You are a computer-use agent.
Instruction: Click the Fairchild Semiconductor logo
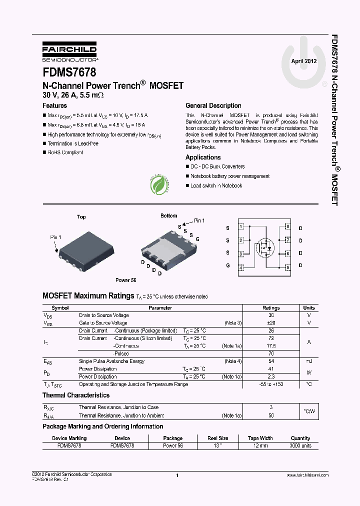pos(69,52)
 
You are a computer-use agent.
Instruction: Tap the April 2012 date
pos(304,61)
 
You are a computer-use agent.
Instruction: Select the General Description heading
pos(213,106)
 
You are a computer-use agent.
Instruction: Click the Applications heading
pos(203,157)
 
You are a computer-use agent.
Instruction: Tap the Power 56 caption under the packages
pos(126,280)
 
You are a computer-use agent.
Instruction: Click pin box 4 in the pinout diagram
pos(241,267)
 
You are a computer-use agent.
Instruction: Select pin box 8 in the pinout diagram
pos(287,227)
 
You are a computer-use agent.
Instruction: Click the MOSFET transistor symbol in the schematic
pos(264,247)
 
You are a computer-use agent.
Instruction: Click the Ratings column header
pos(271,308)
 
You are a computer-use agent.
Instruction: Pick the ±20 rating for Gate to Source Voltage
pos(271,323)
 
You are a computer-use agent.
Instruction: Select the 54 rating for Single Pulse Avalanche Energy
pos(271,361)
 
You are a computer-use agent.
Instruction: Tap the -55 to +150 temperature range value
pos(271,384)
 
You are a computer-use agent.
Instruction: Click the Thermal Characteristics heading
pos(76,395)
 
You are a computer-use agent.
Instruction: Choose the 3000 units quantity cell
pos(300,445)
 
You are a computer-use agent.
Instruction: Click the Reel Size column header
pos(218,438)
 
